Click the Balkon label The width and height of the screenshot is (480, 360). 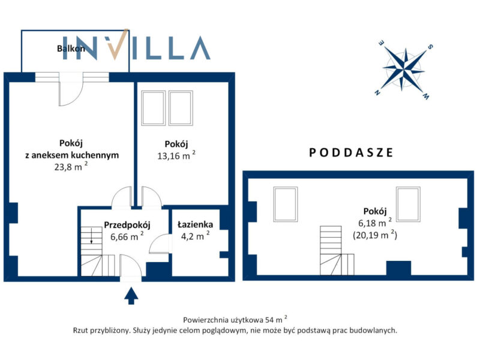(71, 49)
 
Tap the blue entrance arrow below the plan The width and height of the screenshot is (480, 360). (131, 296)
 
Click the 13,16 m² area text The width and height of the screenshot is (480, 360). (176, 155)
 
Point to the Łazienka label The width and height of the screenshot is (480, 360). (196, 224)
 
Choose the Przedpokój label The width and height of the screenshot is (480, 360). (127, 225)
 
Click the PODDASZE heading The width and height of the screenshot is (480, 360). (351, 152)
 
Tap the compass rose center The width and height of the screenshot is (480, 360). (404, 70)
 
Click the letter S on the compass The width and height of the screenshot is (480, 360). (430, 47)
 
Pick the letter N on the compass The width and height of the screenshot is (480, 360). (377, 92)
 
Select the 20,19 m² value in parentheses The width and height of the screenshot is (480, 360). (375, 235)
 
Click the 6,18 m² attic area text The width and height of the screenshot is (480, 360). (375, 223)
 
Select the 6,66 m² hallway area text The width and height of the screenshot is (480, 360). (127, 236)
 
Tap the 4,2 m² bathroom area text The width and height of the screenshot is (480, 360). (196, 236)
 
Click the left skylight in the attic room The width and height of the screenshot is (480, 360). (286, 204)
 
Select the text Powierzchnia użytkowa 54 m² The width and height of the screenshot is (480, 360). (235, 319)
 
